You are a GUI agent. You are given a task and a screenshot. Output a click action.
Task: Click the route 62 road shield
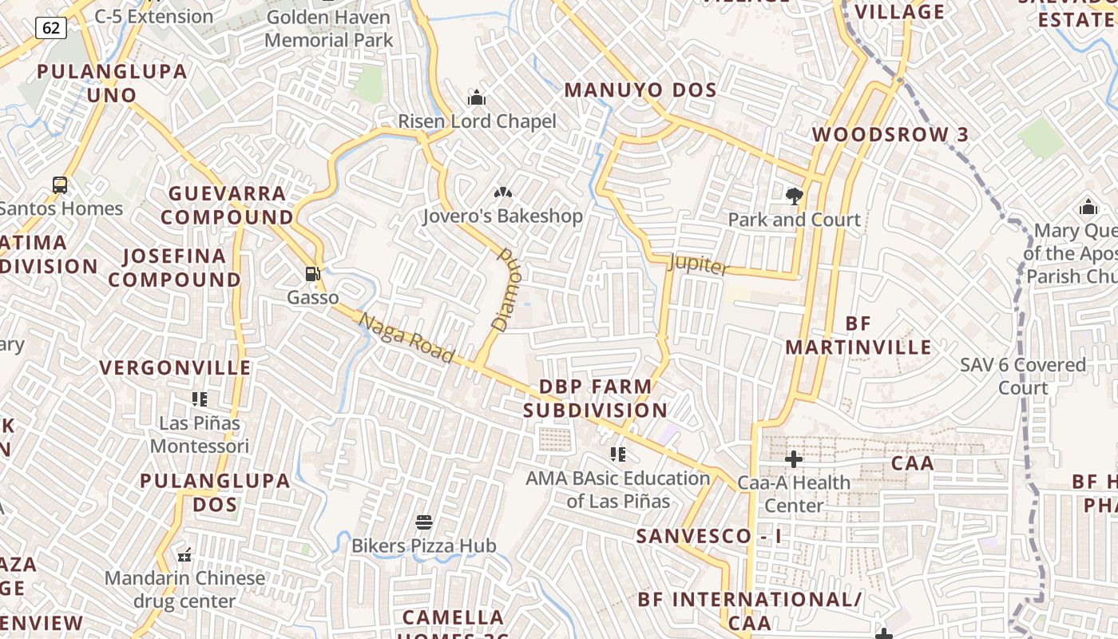click(x=50, y=29)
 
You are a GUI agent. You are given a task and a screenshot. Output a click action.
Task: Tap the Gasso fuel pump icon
click(x=312, y=274)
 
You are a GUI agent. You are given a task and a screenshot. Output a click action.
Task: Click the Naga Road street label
click(x=406, y=338)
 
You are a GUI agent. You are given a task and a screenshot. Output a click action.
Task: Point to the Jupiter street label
click(x=698, y=264)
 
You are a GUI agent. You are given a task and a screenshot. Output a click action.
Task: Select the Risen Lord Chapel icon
click(x=477, y=98)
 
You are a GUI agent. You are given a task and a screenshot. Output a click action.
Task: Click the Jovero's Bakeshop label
click(x=502, y=216)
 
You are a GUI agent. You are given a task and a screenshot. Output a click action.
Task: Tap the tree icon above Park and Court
click(x=794, y=196)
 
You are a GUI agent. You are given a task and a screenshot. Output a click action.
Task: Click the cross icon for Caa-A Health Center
click(x=793, y=458)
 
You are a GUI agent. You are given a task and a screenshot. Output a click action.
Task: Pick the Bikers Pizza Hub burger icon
click(x=424, y=522)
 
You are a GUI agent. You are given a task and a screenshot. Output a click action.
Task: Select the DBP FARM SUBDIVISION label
click(x=596, y=398)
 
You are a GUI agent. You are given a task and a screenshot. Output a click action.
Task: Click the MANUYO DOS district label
click(x=640, y=90)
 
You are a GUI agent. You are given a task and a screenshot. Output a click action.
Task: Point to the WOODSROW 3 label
click(x=890, y=134)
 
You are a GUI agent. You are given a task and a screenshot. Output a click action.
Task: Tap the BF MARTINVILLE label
click(x=858, y=335)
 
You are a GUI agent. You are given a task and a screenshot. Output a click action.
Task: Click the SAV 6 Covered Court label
click(x=1023, y=376)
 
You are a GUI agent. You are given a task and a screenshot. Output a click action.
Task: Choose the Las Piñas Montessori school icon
click(x=200, y=399)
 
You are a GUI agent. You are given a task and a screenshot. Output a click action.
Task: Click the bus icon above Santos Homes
click(x=60, y=185)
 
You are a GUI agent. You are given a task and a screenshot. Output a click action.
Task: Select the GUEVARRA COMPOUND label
click(x=228, y=205)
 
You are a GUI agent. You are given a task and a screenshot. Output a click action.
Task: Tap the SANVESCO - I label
click(x=708, y=536)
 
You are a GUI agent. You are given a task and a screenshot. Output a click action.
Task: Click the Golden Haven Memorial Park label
click(x=328, y=28)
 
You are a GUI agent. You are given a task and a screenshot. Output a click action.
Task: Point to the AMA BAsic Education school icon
click(x=617, y=454)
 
